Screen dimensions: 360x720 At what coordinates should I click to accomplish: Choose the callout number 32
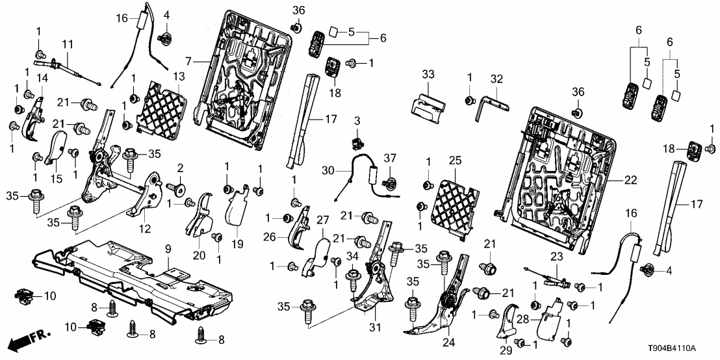pos(497,78)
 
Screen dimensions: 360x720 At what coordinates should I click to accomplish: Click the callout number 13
pos(178,76)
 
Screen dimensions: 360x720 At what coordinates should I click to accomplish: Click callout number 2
pos(180,168)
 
